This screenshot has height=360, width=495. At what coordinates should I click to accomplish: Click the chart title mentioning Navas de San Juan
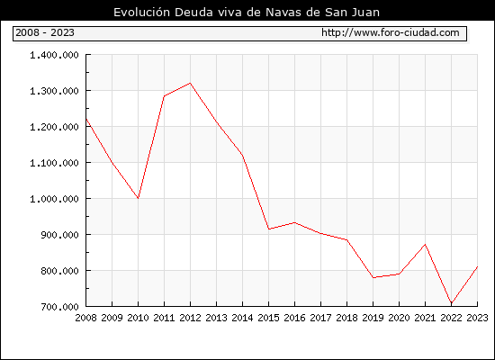(247, 12)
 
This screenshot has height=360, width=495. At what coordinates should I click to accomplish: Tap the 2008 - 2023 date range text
(45, 32)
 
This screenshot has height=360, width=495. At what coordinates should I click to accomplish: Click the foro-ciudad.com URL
(391, 32)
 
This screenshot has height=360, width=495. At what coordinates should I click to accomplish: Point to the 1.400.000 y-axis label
(54, 55)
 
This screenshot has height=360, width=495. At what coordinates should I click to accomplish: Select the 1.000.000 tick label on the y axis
(54, 199)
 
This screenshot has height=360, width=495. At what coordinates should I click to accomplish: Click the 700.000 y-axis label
(59, 307)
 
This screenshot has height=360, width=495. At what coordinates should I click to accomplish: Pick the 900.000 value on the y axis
(59, 235)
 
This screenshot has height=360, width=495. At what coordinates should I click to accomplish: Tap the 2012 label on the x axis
(190, 318)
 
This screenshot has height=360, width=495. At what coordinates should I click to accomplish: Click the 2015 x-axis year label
(268, 318)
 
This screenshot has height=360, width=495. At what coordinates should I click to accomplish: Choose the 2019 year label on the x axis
(373, 318)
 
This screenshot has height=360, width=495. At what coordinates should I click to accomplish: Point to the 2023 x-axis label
(477, 318)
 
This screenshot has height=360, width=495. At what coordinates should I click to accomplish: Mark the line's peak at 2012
(190, 83)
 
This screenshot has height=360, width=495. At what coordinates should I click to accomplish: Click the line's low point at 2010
(138, 198)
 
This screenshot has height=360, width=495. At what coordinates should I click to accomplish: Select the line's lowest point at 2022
(452, 303)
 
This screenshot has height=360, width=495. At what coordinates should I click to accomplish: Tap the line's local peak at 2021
(425, 244)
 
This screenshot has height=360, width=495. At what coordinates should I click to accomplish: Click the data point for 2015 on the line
(268, 229)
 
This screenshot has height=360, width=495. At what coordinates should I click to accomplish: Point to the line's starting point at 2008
(86, 119)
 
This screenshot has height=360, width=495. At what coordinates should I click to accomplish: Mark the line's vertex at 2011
(164, 96)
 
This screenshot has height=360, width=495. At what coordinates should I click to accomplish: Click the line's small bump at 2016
(294, 222)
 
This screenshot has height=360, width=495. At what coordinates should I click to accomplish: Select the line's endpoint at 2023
(477, 266)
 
